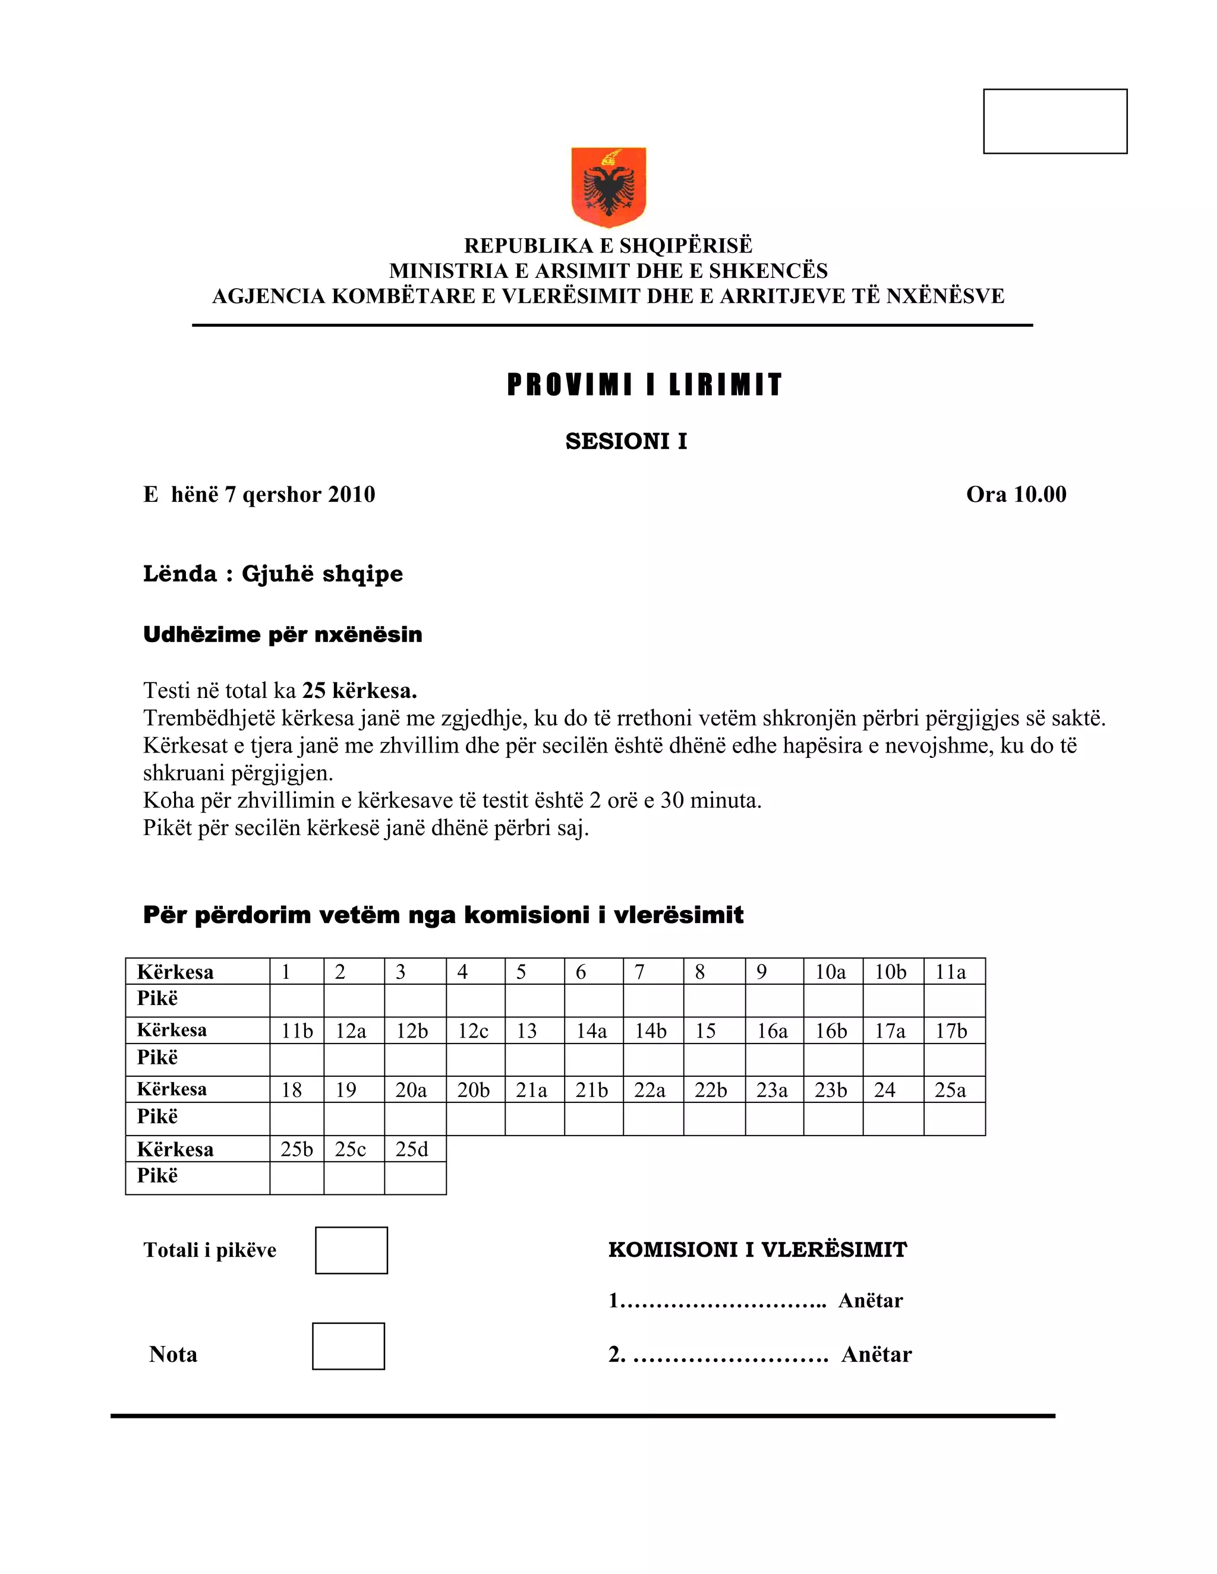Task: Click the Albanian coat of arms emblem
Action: point(608,186)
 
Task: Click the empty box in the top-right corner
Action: point(1055,121)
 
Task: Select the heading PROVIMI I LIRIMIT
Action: point(645,385)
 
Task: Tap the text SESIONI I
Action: point(626,441)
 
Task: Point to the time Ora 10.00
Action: point(1016,494)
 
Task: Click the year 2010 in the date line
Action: point(351,494)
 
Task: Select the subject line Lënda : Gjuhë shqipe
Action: point(273,574)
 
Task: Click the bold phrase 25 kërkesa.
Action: point(359,690)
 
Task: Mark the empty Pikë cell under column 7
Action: point(652,1000)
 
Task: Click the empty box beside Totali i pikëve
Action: point(351,1250)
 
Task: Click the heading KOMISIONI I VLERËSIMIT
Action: point(757,1250)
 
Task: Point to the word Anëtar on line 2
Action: point(876,1354)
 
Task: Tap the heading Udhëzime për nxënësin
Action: point(283,634)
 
